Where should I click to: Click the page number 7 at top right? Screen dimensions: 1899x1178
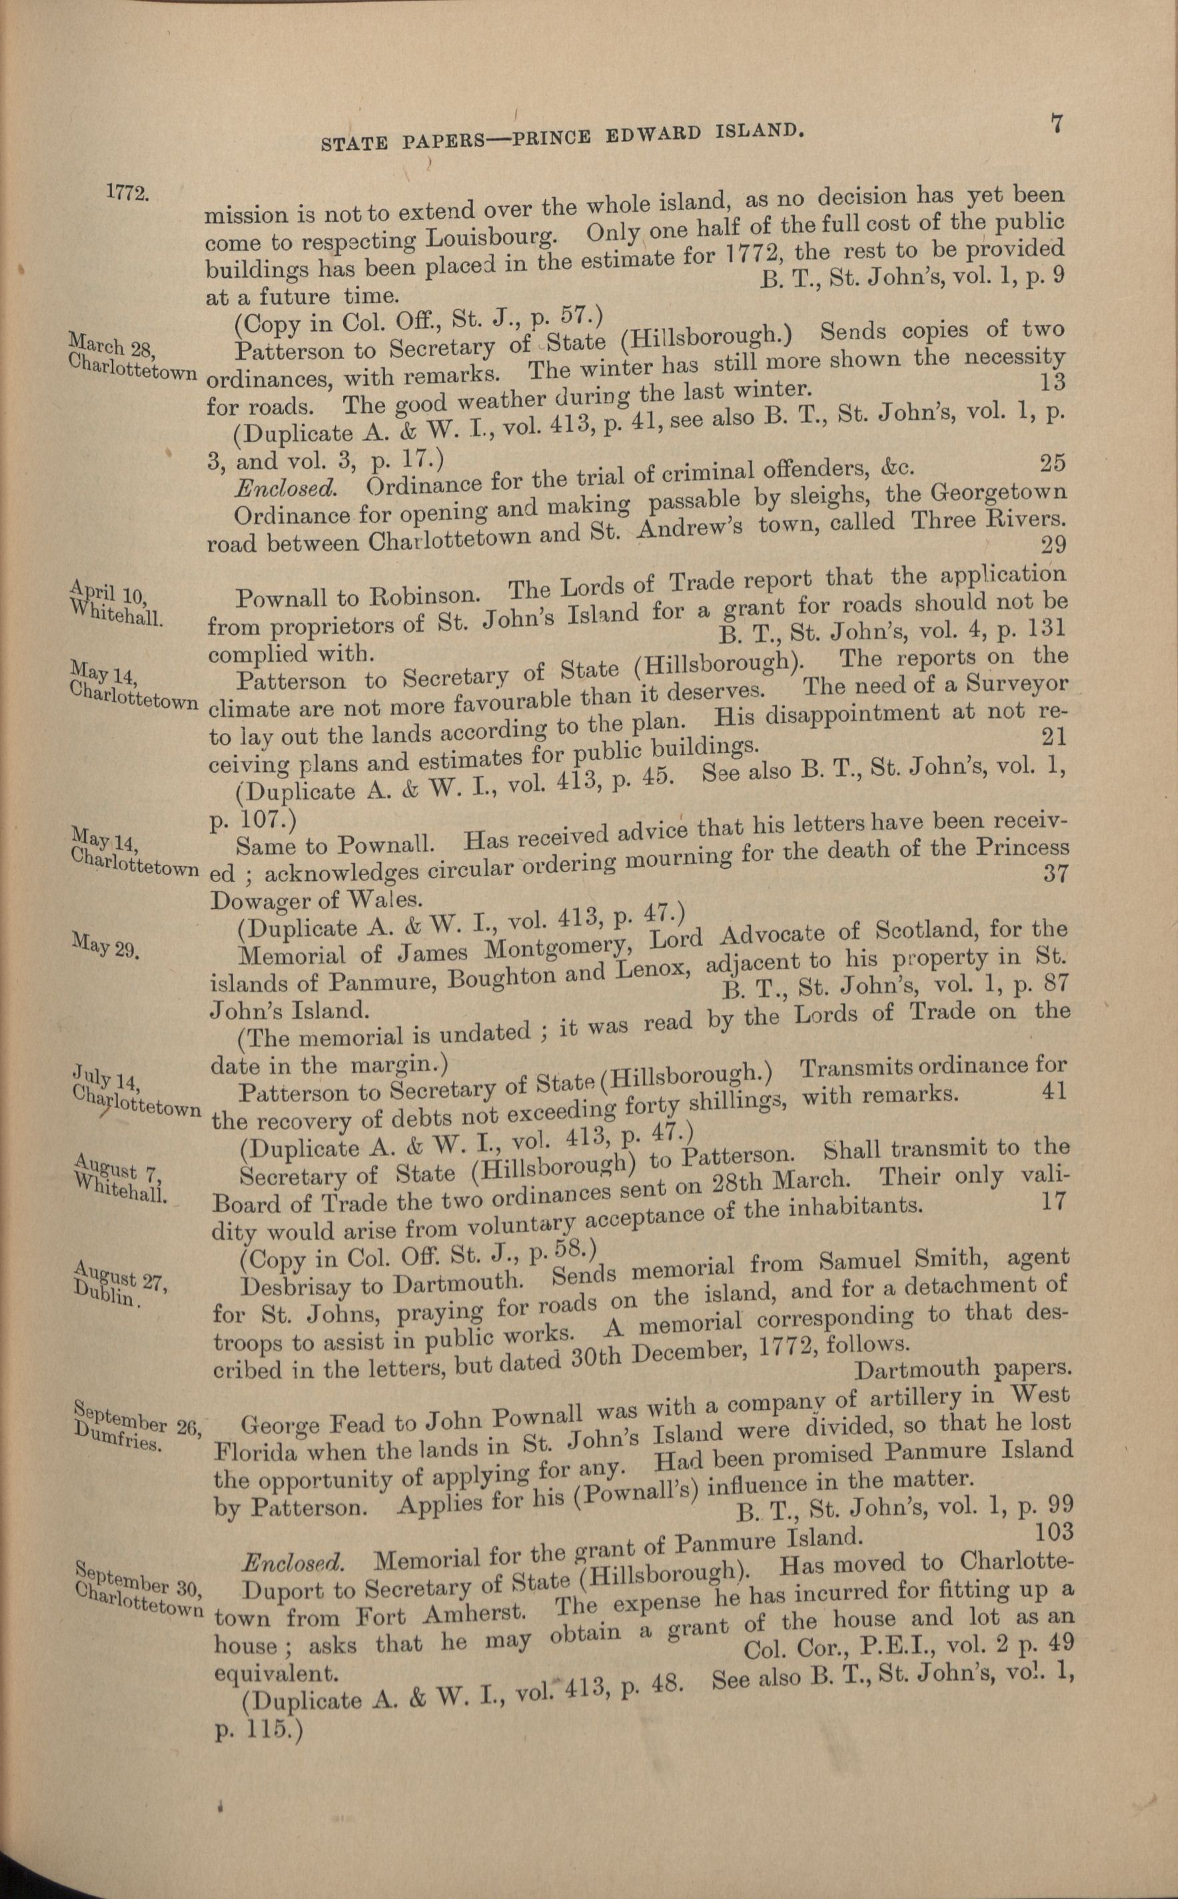click(x=1057, y=124)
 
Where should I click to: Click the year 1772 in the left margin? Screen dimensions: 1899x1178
click(x=127, y=193)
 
